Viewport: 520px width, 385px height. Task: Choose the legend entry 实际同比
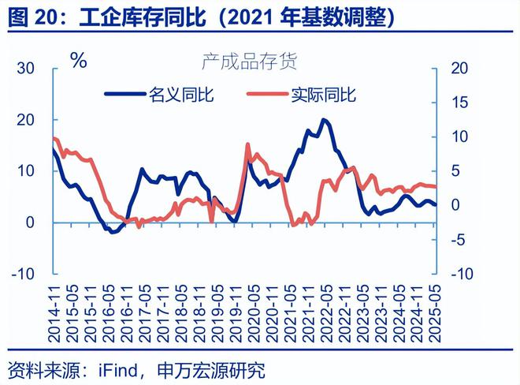click(x=324, y=95)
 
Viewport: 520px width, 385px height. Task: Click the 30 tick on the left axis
click(x=26, y=69)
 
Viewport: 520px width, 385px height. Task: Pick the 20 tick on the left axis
click(x=26, y=120)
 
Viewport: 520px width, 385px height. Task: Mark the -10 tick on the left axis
click(x=23, y=274)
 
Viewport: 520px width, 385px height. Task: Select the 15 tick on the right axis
click(x=459, y=103)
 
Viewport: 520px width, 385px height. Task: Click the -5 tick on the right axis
click(x=459, y=240)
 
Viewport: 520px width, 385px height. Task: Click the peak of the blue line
click(x=324, y=120)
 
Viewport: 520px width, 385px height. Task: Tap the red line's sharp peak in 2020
click(x=248, y=144)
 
